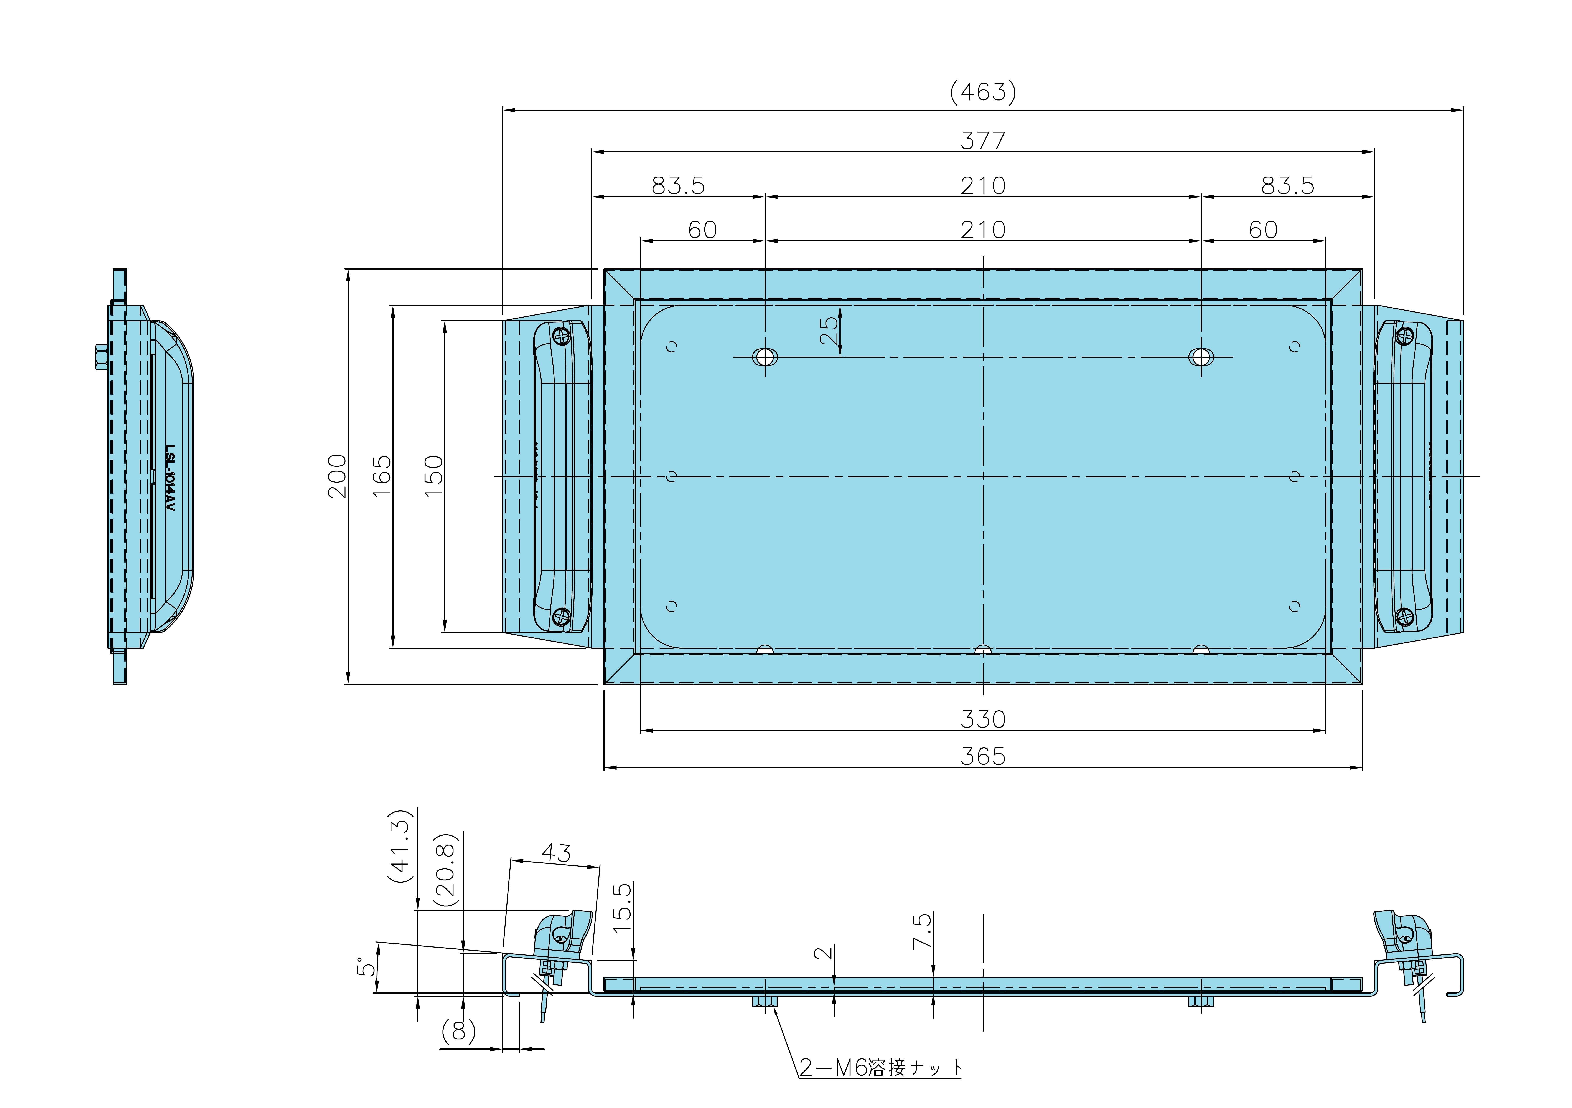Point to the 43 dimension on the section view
(x=556, y=853)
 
